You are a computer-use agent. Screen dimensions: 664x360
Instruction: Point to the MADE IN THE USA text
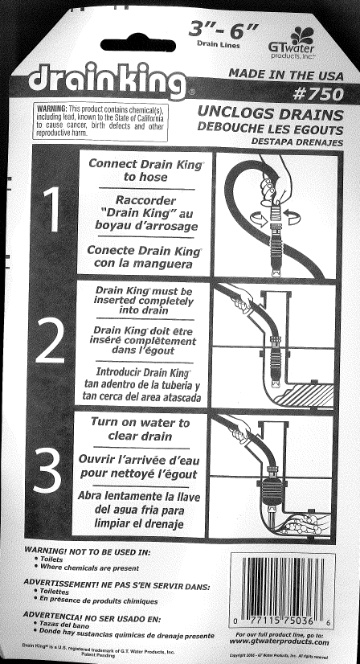point(286,73)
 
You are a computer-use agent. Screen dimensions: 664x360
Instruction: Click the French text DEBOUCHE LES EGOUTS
point(276,129)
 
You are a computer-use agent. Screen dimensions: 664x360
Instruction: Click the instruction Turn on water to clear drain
point(140,429)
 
